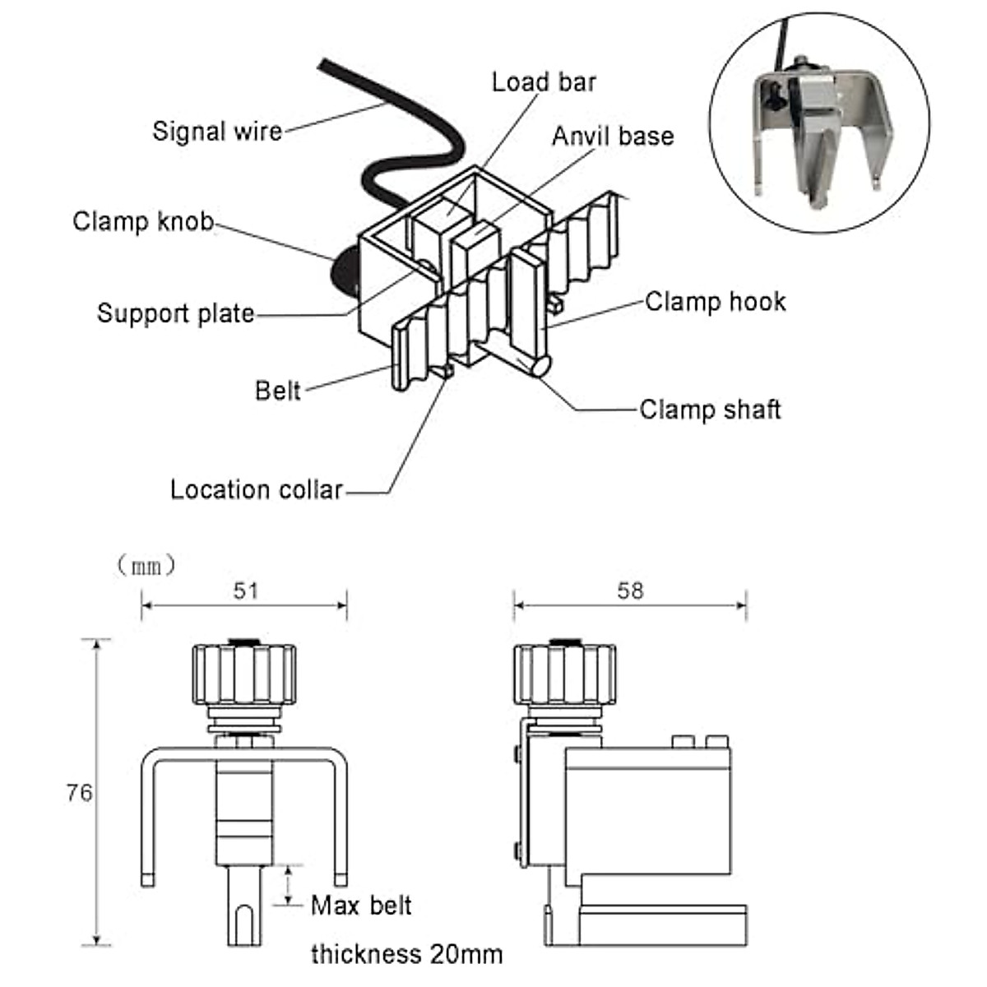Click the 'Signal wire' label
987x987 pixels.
217,131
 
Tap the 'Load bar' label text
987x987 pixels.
544,82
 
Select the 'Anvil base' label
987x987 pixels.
613,136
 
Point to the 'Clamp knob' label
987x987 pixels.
143,221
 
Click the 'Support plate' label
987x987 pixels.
176,313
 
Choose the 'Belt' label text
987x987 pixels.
278,390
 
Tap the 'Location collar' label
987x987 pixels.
256,490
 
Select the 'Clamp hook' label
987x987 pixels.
715,302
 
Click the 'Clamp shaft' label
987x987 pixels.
710,410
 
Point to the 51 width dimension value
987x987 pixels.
245,591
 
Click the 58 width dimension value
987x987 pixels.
630,591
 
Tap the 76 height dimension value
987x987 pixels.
79,793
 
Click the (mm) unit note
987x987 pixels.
146,565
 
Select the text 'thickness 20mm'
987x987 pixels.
406,954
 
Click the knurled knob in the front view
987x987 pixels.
244,674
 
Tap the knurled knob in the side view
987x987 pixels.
565,674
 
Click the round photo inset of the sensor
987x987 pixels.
819,123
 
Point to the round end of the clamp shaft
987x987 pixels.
539,365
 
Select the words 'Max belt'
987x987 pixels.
361,906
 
